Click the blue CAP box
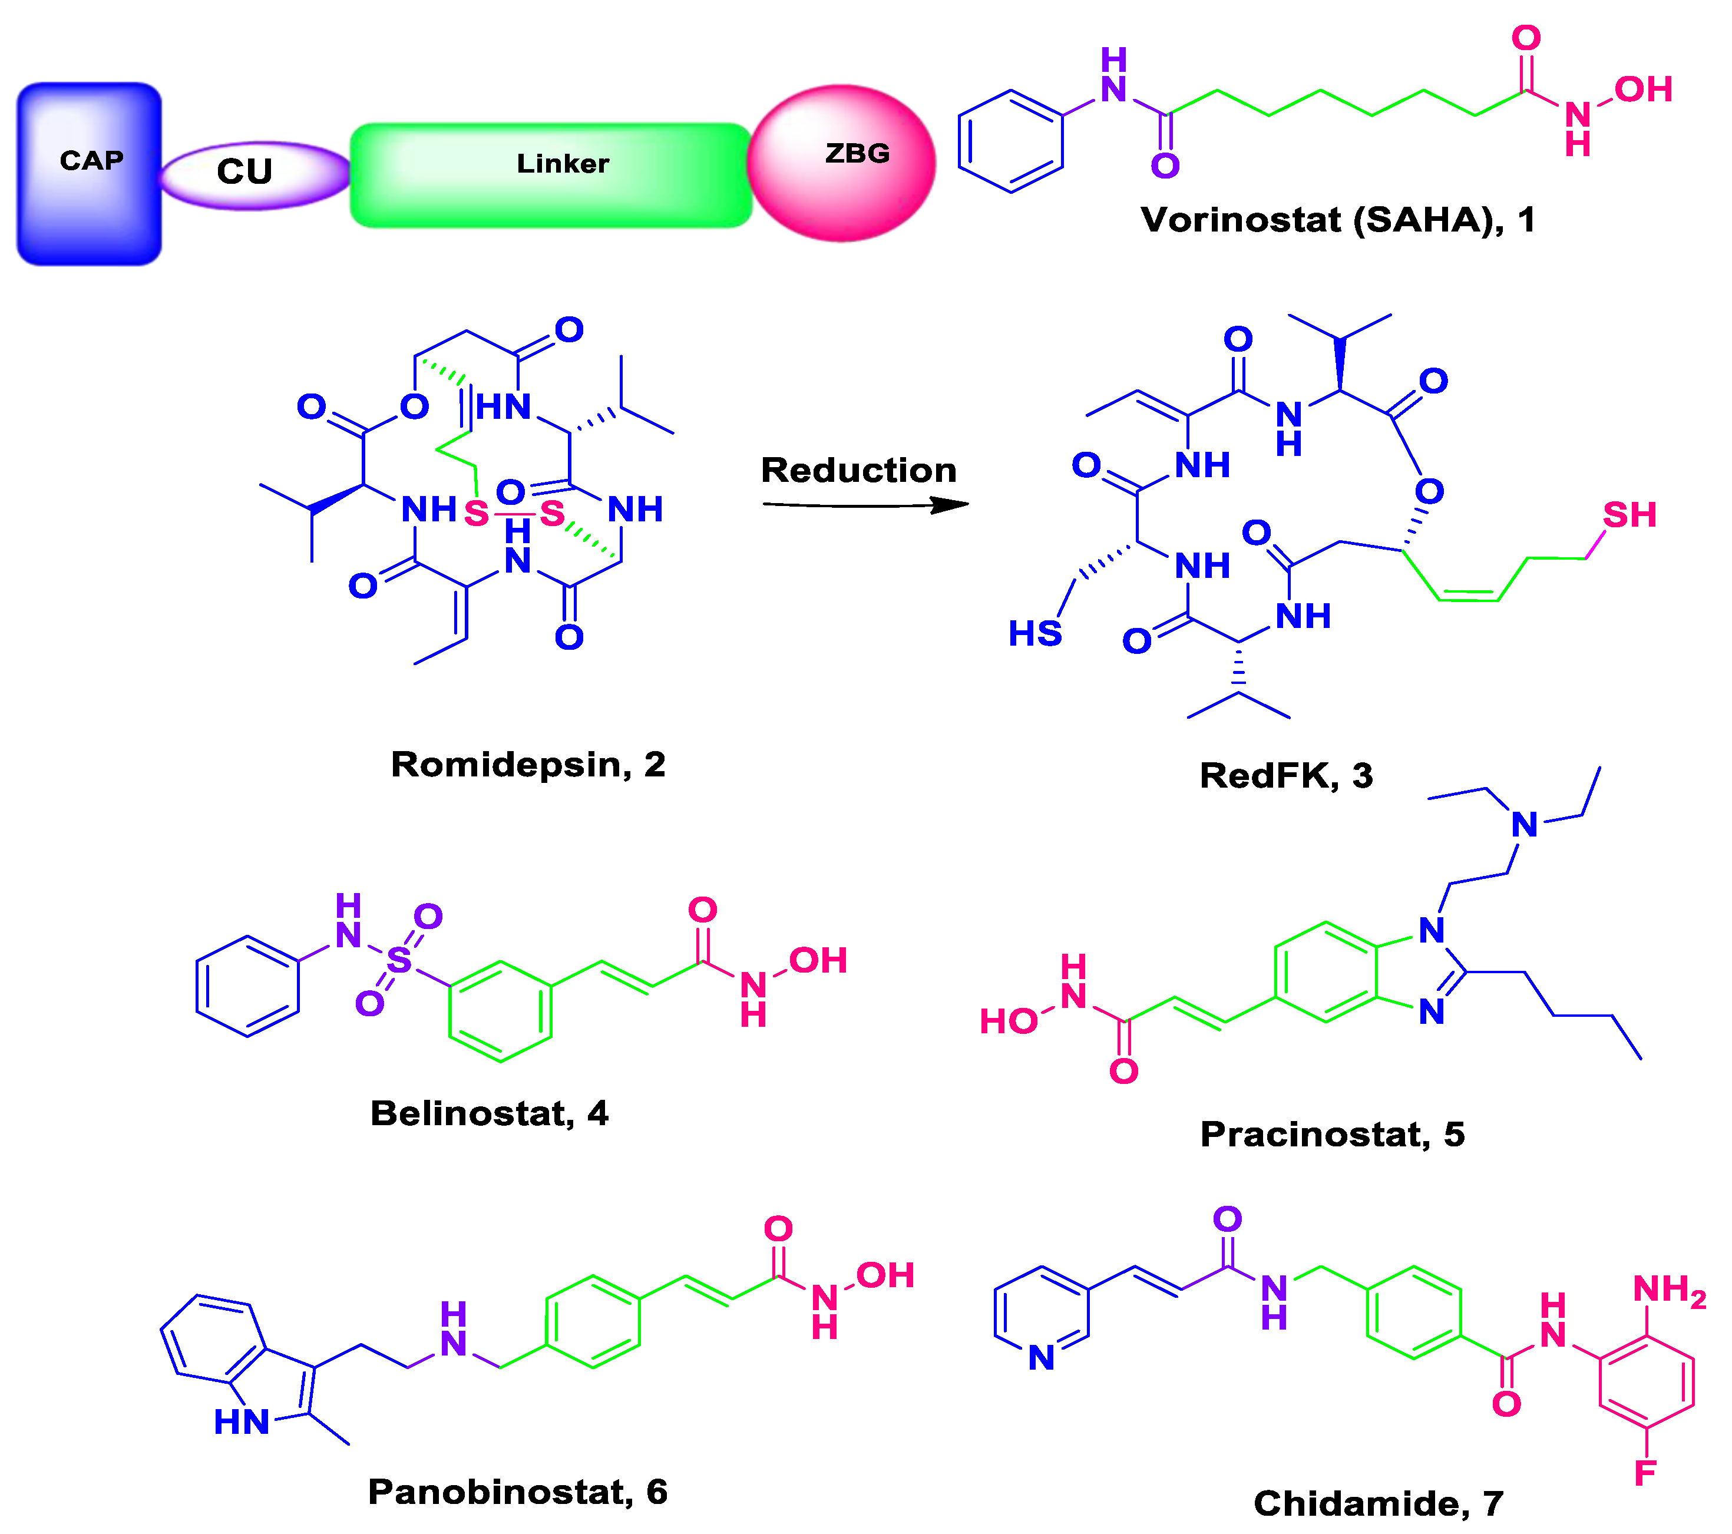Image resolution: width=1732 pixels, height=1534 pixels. point(89,174)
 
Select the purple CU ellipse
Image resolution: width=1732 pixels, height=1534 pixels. point(254,174)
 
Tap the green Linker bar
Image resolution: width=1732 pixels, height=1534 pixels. point(551,176)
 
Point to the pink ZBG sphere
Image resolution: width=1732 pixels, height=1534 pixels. point(841,163)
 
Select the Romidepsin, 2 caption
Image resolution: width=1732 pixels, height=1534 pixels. point(528,765)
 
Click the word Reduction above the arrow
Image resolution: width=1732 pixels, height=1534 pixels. point(858,470)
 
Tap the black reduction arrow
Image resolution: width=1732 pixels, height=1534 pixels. point(864,506)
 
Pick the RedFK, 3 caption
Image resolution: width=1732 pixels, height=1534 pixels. point(1285,775)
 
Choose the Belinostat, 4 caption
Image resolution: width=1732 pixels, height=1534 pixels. point(489,1113)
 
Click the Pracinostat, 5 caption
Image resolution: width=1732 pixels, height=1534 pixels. point(1332,1135)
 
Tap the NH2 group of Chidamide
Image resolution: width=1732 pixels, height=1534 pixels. point(1668,1290)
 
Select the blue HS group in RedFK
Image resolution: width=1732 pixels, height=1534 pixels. point(1034,634)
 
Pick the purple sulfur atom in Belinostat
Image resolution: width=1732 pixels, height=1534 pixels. point(398,960)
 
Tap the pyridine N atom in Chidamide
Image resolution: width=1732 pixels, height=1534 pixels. point(1042,1358)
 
